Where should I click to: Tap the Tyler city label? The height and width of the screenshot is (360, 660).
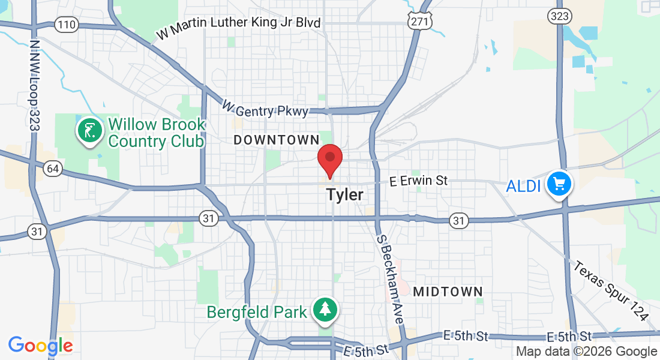click(x=344, y=195)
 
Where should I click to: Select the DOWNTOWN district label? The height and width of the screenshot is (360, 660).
click(x=277, y=140)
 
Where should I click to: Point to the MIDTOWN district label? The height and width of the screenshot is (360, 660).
click(x=448, y=292)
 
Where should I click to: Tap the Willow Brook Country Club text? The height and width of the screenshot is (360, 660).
click(x=157, y=133)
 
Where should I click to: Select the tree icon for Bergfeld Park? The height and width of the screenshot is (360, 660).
click(x=325, y=310)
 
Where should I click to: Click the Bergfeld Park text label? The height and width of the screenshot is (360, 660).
click(x=257, y=312)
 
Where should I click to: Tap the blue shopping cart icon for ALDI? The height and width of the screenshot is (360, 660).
click(x=559, y=184)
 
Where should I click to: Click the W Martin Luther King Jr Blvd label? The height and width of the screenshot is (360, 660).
click(x=239, y=27)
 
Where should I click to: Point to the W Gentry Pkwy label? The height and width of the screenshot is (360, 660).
click(x=265, y=109)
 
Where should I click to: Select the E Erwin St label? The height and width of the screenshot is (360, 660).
click(x=418, y=181)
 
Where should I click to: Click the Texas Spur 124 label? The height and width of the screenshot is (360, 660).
click(x=611, y=290)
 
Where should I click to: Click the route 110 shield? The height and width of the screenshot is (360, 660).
click(x=65, y=25)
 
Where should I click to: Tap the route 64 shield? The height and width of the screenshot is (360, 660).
click(x=52, y=169)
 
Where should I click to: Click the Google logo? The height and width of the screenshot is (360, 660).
click(x=40, y=346)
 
